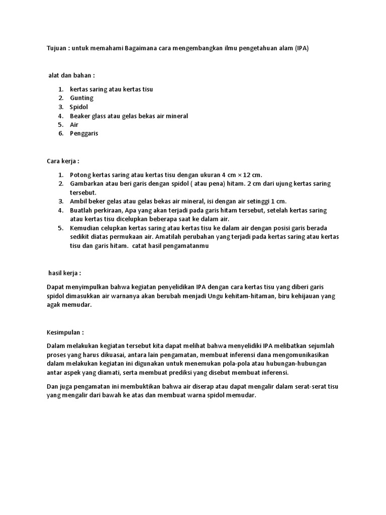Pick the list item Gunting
coord(81,98)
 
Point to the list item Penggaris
coord(84,133)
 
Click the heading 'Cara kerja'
coord(63,161)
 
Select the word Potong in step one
coord(80,175)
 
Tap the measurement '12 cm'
coord(251,175)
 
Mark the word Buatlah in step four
coord(81,210)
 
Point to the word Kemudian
coord(84,228)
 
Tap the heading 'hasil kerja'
coord(64,273)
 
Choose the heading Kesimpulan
coord(65,332)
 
